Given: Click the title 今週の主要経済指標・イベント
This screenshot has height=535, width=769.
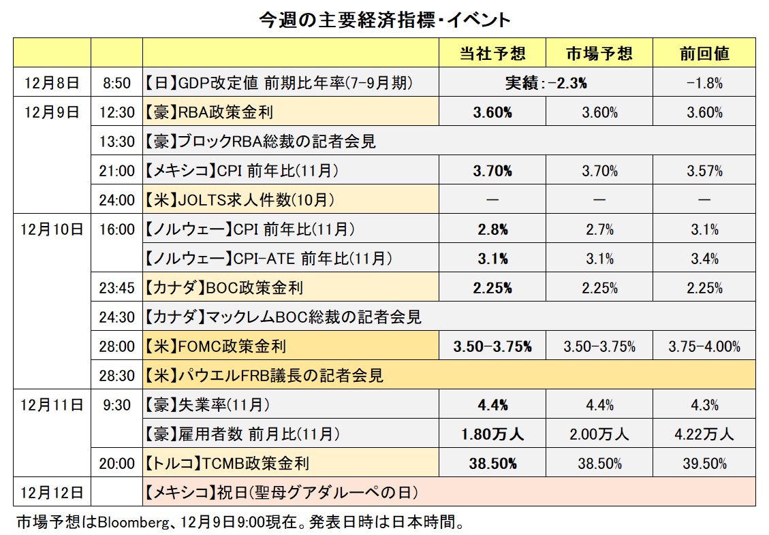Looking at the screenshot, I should click(384, 20).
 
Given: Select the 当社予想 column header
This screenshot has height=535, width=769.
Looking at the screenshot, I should click(492, 54).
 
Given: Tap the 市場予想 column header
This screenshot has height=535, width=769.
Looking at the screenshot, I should click(599, 54).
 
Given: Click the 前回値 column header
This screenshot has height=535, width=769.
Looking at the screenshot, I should click(704, 54).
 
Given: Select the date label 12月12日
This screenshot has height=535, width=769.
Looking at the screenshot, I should click(53, 491).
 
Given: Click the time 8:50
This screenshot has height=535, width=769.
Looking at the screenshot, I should click(116, 83).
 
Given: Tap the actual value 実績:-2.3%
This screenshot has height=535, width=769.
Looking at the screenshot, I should click(546, 83).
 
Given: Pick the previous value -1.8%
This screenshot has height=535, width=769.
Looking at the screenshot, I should click(704, 83).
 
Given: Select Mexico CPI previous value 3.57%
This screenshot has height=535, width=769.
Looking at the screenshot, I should click(704, 171).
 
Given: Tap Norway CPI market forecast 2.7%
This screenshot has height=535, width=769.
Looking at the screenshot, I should click(599, 229).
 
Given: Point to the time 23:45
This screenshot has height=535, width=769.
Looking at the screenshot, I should click(116, 288).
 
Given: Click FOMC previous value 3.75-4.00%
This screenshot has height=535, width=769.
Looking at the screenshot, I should click(704, 346).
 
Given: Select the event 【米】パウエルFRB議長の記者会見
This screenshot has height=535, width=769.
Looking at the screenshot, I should click(264, 375).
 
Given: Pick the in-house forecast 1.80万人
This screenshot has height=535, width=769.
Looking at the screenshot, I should click(492, 434).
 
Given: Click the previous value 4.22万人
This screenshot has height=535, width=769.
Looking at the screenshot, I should click(704, 434).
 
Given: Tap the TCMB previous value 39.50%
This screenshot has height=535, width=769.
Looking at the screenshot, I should click(704, 464).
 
